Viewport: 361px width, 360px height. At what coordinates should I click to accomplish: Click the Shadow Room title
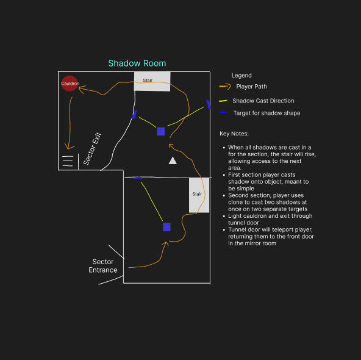pos(137,63)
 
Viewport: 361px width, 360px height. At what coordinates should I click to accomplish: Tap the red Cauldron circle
pos(70,84)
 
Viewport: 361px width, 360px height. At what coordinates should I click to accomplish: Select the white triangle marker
pos(173,160)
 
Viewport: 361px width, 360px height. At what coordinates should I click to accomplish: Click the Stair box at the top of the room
pos(152,81)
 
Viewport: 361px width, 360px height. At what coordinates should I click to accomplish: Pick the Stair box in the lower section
pos(199,195)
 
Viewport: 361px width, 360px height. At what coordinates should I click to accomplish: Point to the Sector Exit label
pos(92,149)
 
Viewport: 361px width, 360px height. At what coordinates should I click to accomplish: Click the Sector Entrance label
pos(103,266)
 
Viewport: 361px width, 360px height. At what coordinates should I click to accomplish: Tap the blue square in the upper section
pos(161,132)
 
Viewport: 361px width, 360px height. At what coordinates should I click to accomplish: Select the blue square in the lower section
pos(166,227)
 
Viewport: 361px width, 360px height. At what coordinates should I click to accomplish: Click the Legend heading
pos(241,75)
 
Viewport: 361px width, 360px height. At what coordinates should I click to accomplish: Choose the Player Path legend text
pos(251,87)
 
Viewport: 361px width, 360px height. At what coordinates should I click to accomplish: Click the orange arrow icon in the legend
pos(225,87)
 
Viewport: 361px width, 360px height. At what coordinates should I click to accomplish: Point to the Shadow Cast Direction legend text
pos(263,101)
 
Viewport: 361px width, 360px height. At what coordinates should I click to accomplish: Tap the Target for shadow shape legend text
pos(267,113)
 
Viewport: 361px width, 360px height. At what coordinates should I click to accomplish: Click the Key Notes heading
pos(234,134)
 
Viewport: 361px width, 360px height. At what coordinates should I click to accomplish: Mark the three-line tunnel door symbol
pos(68,161)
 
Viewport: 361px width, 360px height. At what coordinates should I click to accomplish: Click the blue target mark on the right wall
pos(208,104)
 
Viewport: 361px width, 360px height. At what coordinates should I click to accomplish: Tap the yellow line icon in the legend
pos(223,101)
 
